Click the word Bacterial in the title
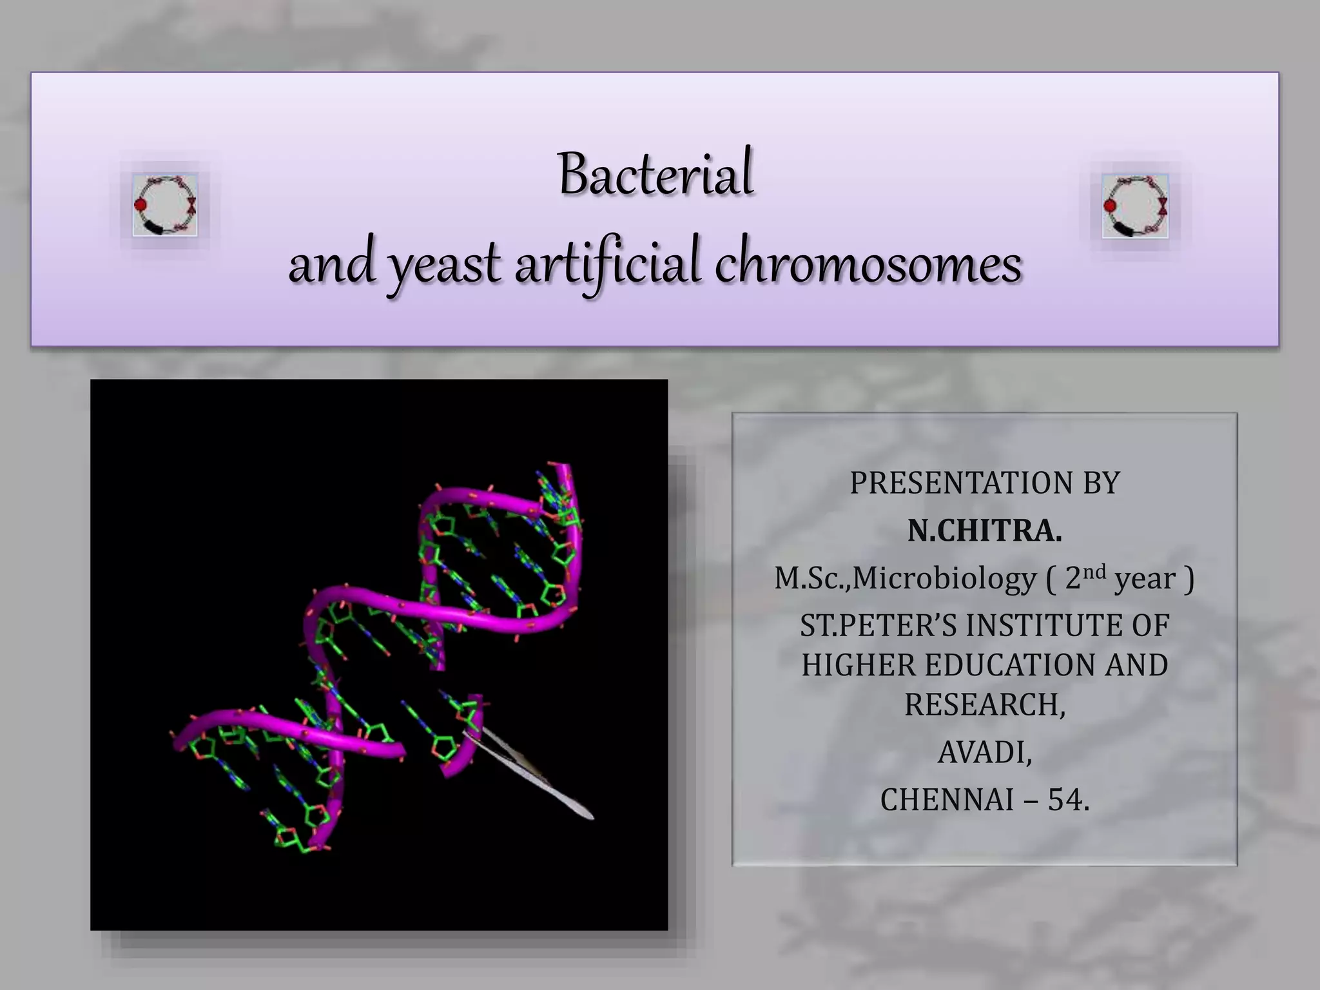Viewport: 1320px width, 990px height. [x=655, y=174]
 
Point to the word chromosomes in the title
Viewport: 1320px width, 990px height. [x=868, y=264]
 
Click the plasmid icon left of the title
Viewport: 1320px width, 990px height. [x=165, y=205]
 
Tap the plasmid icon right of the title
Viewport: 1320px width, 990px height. [x=1135, y=206]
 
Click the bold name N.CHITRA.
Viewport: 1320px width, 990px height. [x=984, y=530]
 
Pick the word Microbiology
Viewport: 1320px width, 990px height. [x=944, y=578]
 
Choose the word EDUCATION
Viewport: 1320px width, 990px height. [x=1011, y=665]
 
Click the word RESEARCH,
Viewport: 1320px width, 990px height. [x=985, y=704]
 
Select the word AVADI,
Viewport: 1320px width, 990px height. [x=985, y=752]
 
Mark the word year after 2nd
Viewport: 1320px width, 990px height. [x=1145, y=579]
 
